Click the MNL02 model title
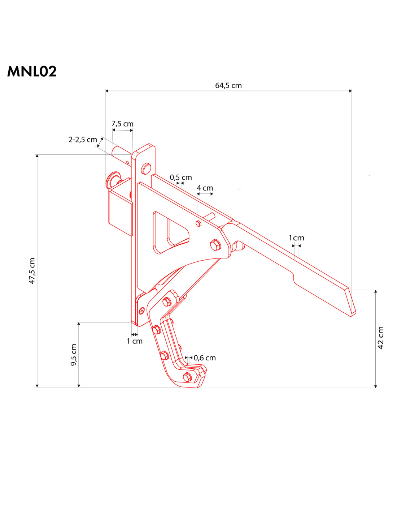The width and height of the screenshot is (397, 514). click(x=32, y=72)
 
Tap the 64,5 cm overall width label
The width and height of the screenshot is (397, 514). click(x=228, y=86)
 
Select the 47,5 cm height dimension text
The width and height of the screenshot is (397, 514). click(x=32, y=271)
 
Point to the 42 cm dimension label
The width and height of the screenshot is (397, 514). click(x=381, y=338)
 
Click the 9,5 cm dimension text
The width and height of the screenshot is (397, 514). click(x=74, y=355)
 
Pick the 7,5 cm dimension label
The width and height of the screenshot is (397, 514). click(x=122, y=124)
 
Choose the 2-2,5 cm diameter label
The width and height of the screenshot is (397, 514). click(x=83, y=140)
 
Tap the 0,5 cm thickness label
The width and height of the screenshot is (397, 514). click(x=181, y=177)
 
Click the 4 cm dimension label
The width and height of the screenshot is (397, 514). click(x=205, y=188)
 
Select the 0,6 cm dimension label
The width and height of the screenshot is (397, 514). click(x=205, y=358)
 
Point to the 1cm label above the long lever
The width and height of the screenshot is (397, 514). click(x=296, y=238)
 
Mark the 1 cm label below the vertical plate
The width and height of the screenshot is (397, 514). click(x=135, y=341)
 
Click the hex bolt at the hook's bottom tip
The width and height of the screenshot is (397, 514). click(x=187, y=377)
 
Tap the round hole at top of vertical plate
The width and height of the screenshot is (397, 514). click(x=146, y=168)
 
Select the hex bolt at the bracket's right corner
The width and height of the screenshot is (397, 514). click(x=215, y=245)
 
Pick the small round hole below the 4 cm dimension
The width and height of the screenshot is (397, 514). click(x=198, y=224)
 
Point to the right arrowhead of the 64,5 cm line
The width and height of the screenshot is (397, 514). click(x=350, y=91)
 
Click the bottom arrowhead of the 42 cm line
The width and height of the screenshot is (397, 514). click(x=376, y=386)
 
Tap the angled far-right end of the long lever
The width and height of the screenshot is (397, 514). click(x=352, y=302)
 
